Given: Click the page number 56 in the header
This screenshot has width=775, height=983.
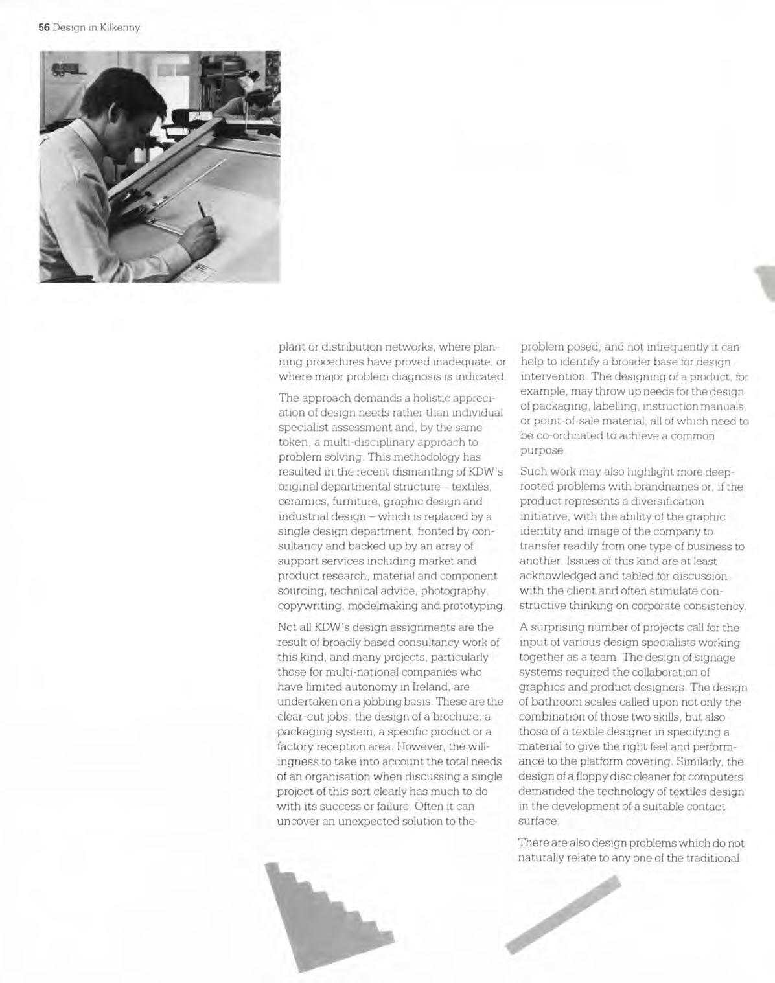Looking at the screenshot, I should point(43,27).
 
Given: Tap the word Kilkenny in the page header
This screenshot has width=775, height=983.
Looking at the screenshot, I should point(120,27).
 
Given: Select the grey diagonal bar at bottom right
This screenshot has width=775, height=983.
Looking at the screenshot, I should point(562,914).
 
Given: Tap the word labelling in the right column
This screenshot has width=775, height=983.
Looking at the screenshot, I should point(582,406).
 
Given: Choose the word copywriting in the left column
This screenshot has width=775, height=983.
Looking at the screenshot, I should point(310,606).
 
